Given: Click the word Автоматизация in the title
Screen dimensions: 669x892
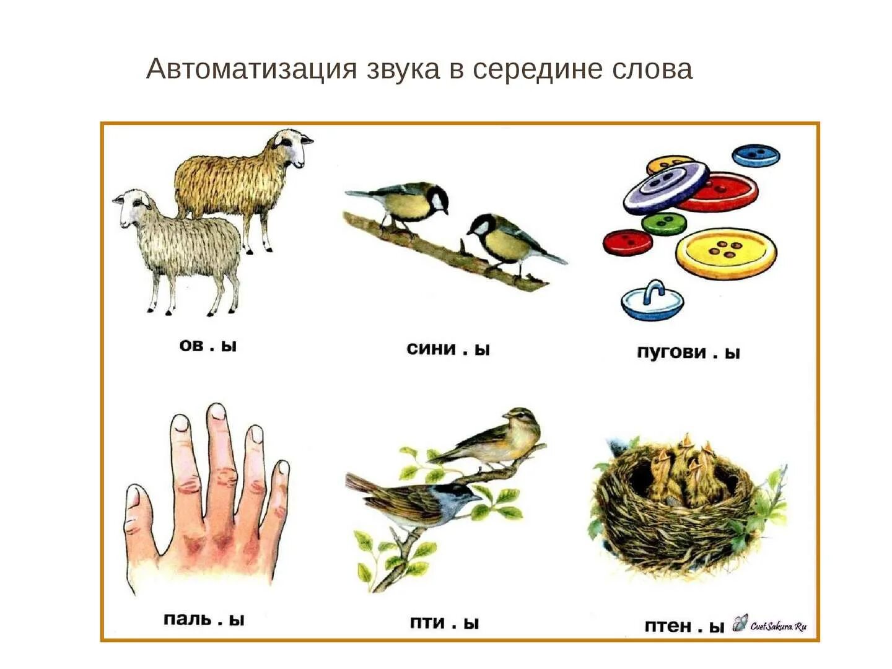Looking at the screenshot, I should [251, 69].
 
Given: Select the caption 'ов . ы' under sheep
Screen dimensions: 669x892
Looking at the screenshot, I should [208, 345].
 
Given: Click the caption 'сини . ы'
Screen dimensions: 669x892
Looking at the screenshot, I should [448, 349].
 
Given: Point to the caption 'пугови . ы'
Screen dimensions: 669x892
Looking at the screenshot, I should [688, 352].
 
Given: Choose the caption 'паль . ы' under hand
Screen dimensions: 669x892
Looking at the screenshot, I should [204, 619].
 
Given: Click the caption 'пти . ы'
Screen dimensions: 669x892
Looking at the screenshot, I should [444, 623].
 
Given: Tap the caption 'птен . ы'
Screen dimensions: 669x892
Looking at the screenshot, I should [684, 626].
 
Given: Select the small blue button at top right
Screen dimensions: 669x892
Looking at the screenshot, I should [756, 155].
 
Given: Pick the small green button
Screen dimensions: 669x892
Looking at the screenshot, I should [663, 223].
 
